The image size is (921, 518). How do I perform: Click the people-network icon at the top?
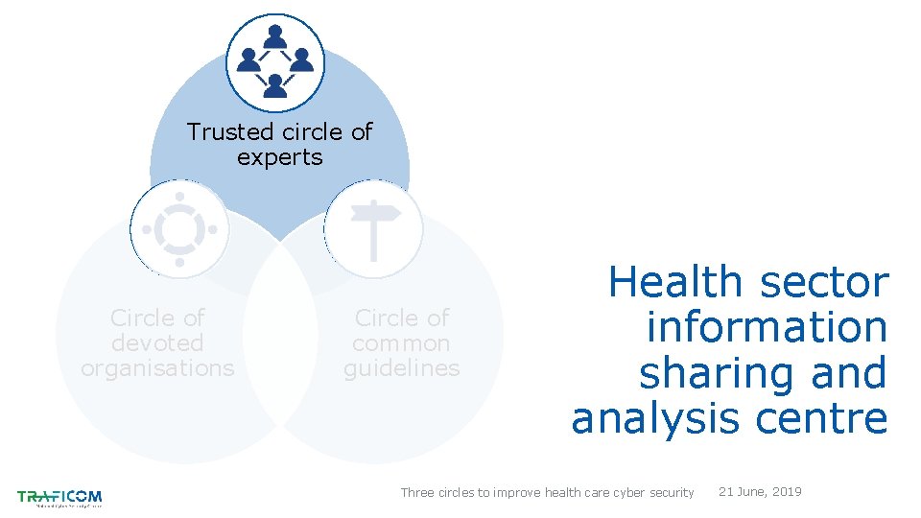(x=275, y=62)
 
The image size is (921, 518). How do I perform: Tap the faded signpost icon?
(x=373, y=229)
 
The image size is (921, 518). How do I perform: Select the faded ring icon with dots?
(x=179, y=229)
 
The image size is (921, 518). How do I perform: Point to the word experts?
(x=279, y=157)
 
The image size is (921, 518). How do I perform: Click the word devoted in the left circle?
(x=157, y=342)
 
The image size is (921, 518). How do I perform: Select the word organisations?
(x=157, y=367)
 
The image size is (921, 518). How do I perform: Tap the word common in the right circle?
(x=401, y=342)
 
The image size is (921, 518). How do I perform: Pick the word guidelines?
(x=401, y=367)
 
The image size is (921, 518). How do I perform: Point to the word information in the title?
(x=767, y=328)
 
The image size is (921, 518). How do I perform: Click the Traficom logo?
(x=59, y=498)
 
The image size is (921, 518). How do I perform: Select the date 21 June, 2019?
(x=760, y=491)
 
